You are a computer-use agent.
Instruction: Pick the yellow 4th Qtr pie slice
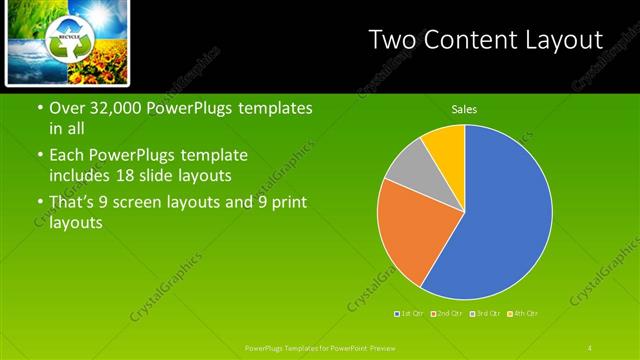pyautogui.click(x=446, y=146)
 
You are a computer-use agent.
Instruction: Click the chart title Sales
pyautogui.click(x=464, y=109)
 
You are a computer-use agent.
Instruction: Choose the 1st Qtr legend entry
pyautogui.click(x=410, y=313)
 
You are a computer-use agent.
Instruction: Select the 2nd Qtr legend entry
pyautogui.click(x=447, y=313)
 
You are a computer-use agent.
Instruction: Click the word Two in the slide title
pyautogui.click(x=388, y=40)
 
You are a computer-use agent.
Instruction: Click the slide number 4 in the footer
pyautogui.click(x=590, y=347)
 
